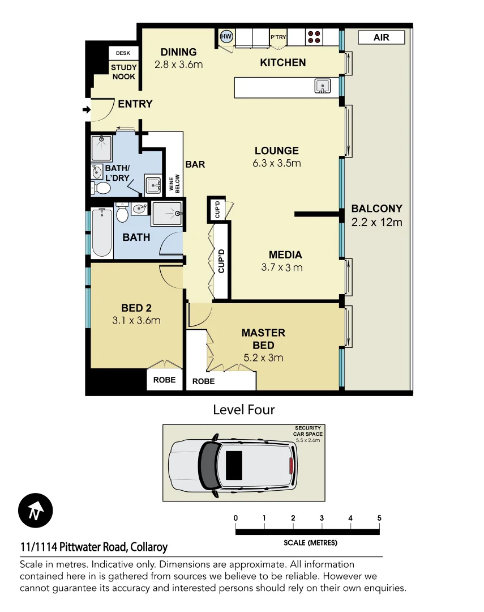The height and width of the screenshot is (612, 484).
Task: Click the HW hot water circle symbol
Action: [x=226, y=37]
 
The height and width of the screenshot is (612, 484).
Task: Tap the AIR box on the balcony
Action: [x=382, y=37]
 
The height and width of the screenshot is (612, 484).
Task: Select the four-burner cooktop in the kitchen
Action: [x=314, y=37]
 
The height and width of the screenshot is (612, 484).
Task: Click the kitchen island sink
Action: [x=322, y=86]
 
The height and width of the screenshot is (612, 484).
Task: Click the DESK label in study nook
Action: [x=123, y=53]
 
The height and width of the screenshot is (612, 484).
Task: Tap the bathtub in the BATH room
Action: [x=102, y=233]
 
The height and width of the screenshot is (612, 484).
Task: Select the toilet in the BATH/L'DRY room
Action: [x=102, y=188]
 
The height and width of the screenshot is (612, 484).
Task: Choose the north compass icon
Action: [x=35, y=511]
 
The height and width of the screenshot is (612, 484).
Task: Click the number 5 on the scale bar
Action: [x=379, y=518]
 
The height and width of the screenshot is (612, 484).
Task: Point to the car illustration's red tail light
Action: [x=291, y=466]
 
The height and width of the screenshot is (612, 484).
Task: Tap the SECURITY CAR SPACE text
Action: [x=307, y=431]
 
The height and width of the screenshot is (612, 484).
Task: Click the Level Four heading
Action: [x=243, y=409]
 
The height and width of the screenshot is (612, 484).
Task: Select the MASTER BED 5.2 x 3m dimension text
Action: [x=263, y=358]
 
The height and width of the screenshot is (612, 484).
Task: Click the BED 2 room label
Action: [x=136, y=308]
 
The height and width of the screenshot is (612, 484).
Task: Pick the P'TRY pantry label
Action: [x=278, y=37]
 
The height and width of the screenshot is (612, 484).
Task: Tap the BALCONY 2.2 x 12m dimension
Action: [x=376, y=222]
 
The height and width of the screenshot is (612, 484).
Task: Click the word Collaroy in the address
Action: [x=148, y=547]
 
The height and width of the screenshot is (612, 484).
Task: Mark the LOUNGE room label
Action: [x=276, y=151]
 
